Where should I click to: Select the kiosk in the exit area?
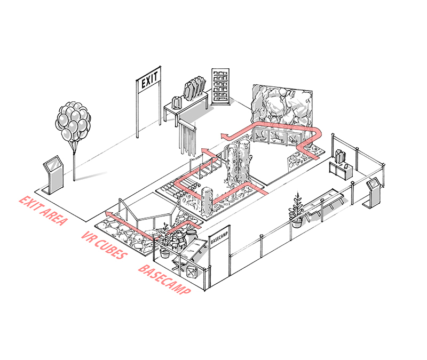click(54, 173)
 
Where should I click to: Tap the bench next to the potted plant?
click(326, 200)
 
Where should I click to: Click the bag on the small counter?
click(341, 156)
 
